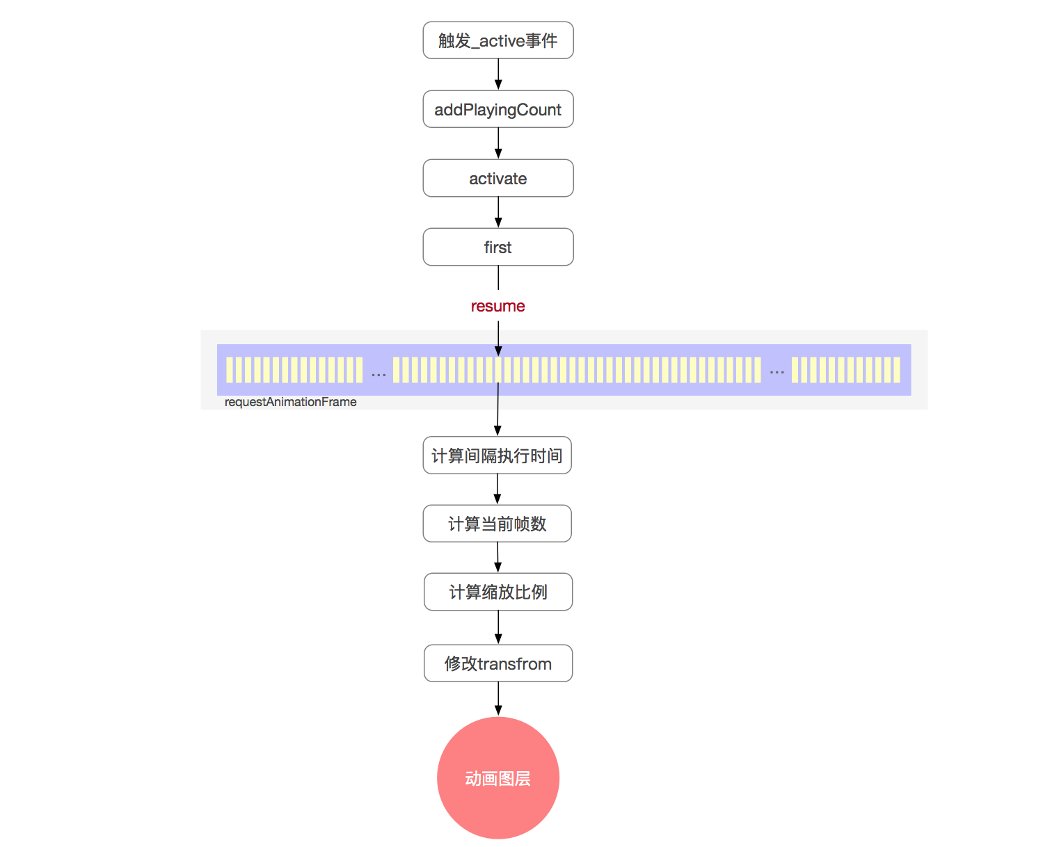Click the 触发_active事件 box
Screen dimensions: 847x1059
498,40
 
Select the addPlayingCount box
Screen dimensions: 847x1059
498,109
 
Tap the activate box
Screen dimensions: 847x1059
498,178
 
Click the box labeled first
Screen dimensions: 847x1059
498,247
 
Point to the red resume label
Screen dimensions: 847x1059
498,306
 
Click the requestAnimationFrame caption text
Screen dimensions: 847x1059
290,402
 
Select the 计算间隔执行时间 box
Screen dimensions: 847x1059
497,455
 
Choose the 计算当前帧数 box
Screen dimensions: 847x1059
497,524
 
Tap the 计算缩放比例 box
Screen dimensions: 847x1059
498,592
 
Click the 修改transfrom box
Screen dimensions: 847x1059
498,663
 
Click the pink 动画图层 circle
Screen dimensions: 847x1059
498,778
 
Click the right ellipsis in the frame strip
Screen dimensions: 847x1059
777,372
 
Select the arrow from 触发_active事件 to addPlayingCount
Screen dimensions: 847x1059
498,74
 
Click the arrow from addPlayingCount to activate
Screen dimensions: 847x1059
498,143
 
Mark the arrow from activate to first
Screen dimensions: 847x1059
498,212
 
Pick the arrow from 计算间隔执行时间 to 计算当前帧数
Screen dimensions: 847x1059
497,489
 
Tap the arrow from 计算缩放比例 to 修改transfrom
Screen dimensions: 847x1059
498,627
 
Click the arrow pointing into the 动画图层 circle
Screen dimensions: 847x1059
498,699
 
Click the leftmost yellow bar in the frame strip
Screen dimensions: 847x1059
230,370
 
